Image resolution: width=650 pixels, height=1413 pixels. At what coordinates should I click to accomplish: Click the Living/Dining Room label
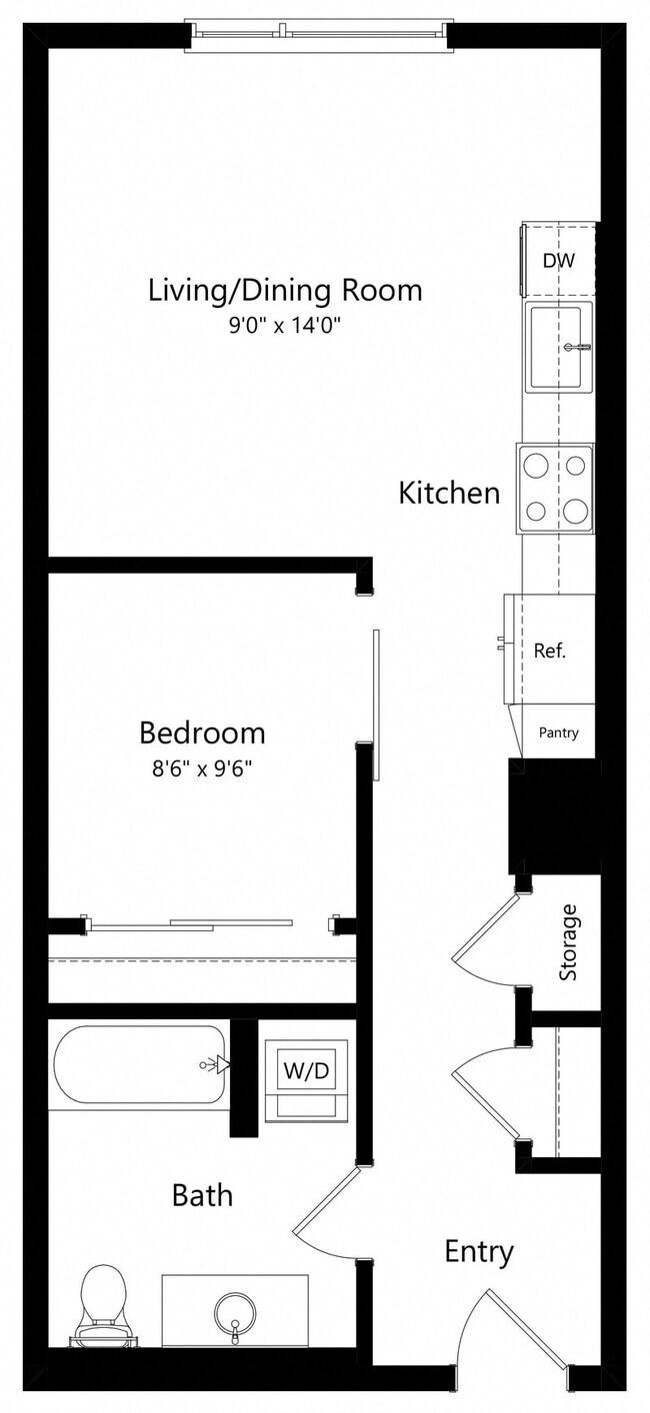[x=285, y=291]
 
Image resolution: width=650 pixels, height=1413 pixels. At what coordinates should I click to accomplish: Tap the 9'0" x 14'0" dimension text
[x=285, y=326]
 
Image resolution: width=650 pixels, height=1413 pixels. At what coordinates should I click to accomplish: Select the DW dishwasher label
[x=558, y=262]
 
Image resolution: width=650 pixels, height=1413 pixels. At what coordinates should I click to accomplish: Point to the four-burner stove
[x=555, y=489]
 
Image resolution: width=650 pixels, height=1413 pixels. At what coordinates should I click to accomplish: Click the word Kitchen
[x=449, y=493]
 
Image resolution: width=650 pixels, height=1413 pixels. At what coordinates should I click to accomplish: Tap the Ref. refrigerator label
[x=550, y=651]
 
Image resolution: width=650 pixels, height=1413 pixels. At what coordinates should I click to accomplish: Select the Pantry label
[x=558, y=732]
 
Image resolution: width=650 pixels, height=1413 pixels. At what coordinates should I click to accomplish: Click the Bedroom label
[x=202, y=732]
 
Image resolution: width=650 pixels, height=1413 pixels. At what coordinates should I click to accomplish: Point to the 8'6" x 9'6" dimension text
[x=202, y=768]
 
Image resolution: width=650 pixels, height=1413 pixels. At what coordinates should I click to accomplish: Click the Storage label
[x=568, y=942]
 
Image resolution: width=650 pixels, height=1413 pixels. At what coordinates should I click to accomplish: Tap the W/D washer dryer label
[x=306, y=1071]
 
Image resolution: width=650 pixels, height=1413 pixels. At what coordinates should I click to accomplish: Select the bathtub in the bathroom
[x=140, y=1065]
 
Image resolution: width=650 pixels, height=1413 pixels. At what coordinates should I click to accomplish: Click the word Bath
[x=202, y=1194]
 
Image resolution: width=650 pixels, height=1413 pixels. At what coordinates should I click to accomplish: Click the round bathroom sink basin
[x=235, y=1309]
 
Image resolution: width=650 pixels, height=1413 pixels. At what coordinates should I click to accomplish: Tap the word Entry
[x=479, y=1251]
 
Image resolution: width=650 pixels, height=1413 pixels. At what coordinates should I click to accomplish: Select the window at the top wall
[x=316, y=35]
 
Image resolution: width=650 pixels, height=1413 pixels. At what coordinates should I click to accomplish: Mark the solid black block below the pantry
[x=554, y=814]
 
